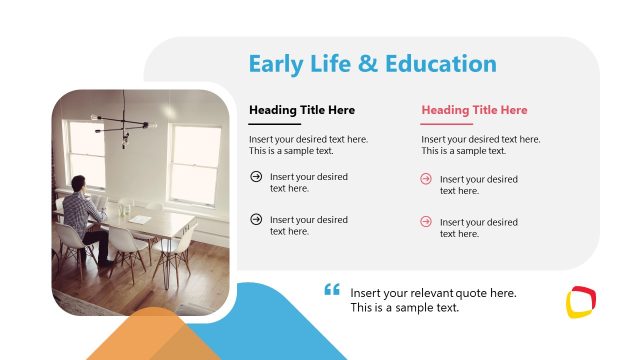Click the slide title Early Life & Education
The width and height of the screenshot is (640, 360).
[x=372, y=65]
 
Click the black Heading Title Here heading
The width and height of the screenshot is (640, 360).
[x=302, y=110]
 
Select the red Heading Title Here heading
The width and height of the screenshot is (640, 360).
[x=474, y=110]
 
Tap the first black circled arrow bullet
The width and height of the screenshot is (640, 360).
[x=256, y=177]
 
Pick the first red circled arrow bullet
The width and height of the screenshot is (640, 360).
[x=426, y=179]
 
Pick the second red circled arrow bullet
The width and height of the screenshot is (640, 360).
[x=426, y=221]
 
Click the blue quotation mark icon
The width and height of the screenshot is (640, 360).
[x=332, y=291]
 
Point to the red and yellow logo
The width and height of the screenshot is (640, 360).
[x=581, y=301]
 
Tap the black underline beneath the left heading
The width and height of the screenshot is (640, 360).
[x=275, y=124]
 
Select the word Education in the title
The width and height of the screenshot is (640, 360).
[x=441, y=65]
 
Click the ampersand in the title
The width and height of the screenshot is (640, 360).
[x=368, y=65]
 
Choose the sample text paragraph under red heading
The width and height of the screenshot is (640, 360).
[x=480, y=145]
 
